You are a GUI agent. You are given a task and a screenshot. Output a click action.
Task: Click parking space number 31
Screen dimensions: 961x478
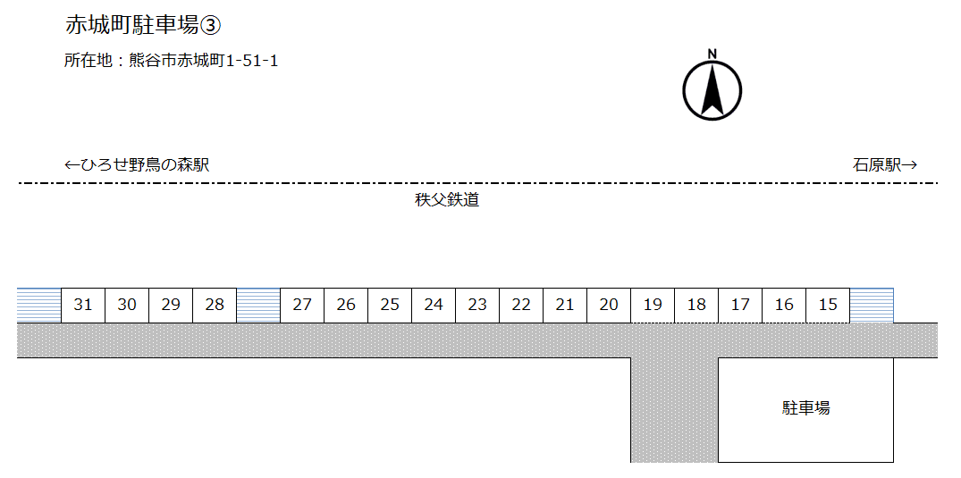click(83, 306)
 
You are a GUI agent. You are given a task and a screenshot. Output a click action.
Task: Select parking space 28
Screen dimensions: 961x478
click(215, 306)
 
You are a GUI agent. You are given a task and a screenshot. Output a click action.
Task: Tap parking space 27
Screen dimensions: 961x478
click(302, 306)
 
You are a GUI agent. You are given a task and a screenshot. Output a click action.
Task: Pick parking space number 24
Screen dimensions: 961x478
click(434, 306)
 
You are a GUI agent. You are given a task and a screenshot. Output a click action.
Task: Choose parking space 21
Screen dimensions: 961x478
click(565, 306)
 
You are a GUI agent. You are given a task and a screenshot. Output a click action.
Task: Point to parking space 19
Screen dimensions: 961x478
click(653, 306)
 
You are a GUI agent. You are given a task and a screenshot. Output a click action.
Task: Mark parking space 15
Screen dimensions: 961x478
click(828, 306)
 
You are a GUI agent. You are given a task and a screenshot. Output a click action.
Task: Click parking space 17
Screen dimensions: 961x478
click(740, 306)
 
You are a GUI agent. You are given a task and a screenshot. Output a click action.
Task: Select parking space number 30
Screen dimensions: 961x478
click(127, 306)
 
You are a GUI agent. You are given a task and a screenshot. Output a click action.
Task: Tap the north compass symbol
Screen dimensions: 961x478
click(712, 91)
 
